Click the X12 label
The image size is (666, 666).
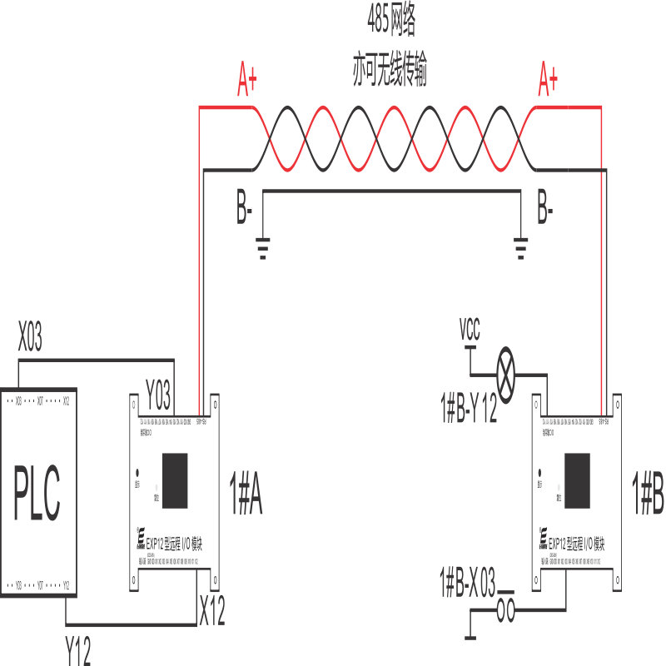click(211, 612)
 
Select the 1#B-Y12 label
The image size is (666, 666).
click(468, 410)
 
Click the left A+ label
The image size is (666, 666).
click(247, 80)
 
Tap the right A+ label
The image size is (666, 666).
click(548, 80)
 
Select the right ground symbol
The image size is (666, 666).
click(521, 248)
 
